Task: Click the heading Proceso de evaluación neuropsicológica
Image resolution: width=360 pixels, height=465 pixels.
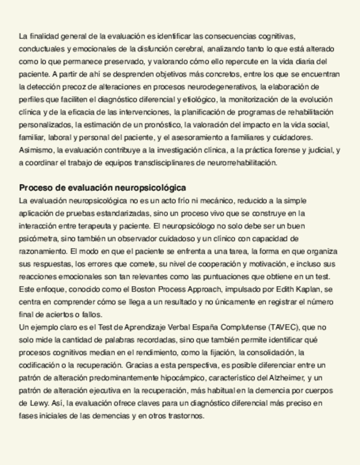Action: (x=102, y=188)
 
